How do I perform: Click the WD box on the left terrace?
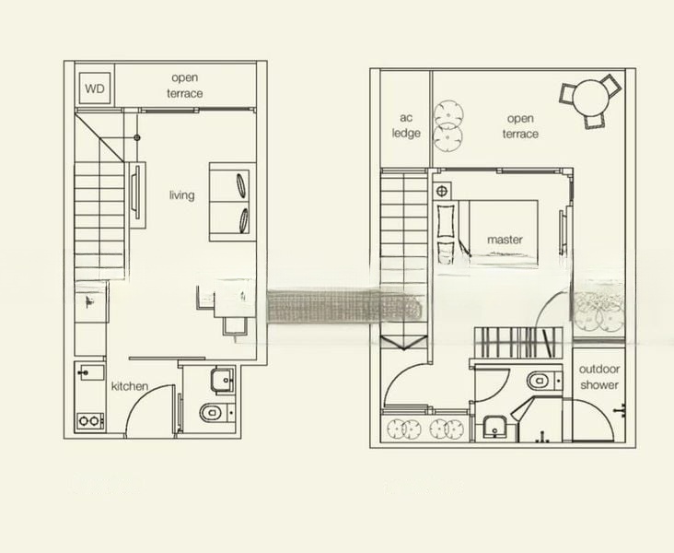(x=94, y=88)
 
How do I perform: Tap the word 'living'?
(x=181, y=195)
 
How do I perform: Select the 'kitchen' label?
(x=129, y=386)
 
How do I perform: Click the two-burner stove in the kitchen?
(x=90, y=420)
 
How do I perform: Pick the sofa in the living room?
(x=230, y=202)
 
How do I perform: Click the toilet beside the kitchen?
(x=212, y=411)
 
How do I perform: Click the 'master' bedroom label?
(x=505, y=240)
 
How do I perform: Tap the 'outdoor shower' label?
(x=598, y=377)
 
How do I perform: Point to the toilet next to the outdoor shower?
(x=540, y=380)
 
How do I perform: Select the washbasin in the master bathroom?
(x=494, y=427)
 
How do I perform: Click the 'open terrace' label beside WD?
(x=184, y=86)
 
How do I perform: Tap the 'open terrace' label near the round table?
(x=520, y=126)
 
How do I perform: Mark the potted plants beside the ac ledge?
(x=448, y=124)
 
